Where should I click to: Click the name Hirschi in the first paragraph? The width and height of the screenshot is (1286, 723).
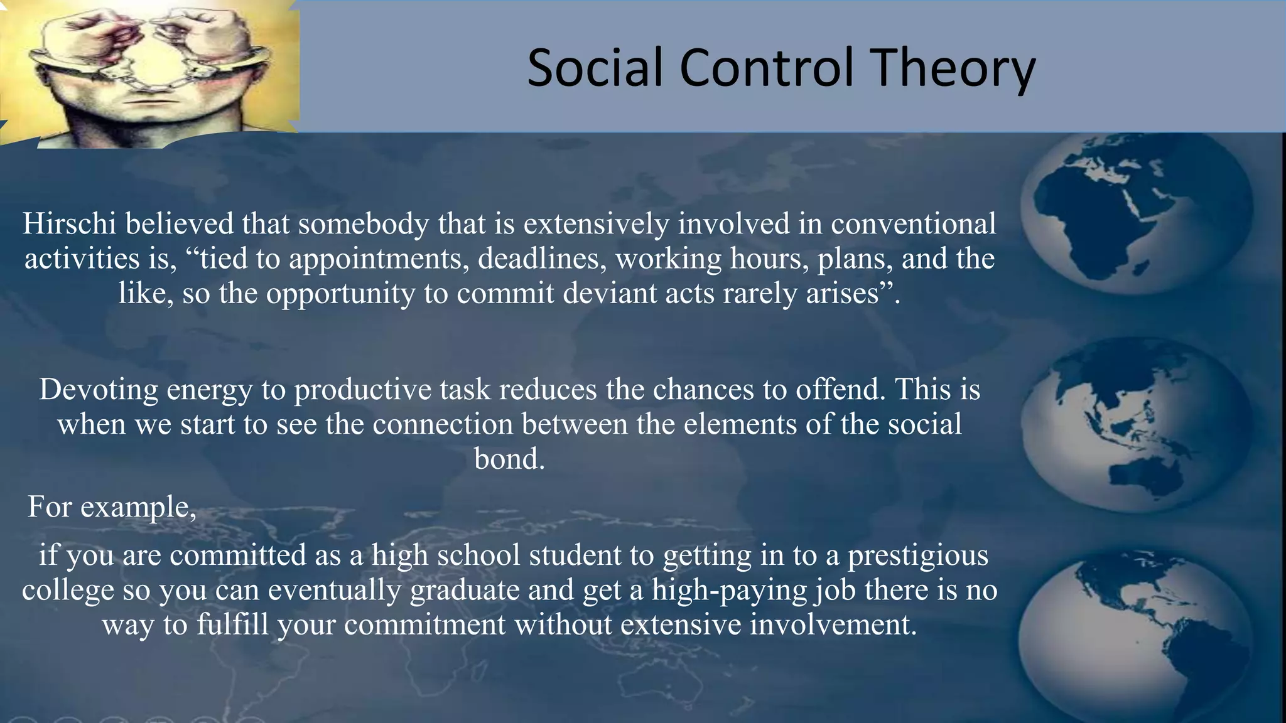coord(70,224)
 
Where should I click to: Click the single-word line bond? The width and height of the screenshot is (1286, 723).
coord(509,459)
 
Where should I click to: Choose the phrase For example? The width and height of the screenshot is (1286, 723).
coord(112,506)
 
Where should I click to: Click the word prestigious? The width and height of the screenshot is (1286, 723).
coord(917,555)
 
